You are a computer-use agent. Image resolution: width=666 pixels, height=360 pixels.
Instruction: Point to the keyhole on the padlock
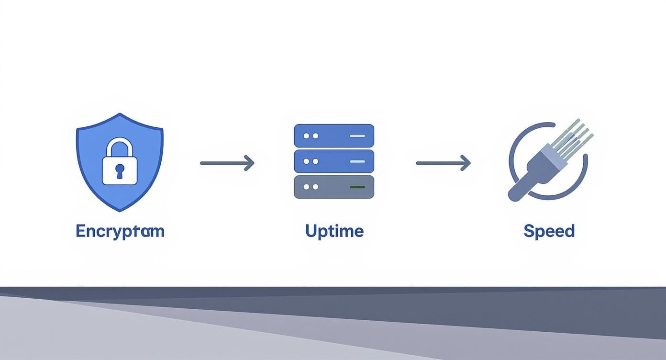[x=120, y=169]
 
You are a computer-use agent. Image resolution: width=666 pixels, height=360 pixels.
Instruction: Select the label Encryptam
[x=120, y=231]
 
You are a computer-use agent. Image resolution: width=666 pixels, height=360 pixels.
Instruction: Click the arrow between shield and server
[x=227, y=163]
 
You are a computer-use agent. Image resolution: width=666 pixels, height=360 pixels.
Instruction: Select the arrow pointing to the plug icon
[x=443, y=163]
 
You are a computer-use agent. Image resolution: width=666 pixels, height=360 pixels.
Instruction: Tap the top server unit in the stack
[x=333, y=135]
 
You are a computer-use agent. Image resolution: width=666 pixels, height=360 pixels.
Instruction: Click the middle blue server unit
[x=333, y=161]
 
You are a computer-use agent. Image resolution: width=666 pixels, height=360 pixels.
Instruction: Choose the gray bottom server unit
[x=333, y=187]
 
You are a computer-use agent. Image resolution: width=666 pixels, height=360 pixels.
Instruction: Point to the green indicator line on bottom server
[x=357, y=187]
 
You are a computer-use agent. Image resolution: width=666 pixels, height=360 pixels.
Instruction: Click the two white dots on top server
[x=311, y=136]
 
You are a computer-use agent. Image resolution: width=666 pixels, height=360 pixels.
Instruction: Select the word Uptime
[x=334, y=231]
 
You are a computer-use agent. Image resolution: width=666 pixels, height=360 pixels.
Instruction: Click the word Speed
[x=549, y=231]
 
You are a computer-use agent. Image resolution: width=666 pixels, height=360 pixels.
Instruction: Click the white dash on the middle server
[x=357, y=161]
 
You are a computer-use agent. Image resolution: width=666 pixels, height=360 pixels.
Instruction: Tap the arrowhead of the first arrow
[x=250, y=163]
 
